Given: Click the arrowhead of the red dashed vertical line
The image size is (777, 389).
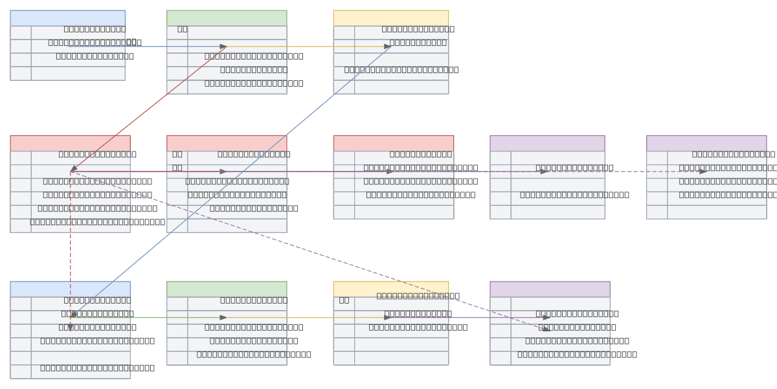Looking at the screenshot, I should pos(70,327).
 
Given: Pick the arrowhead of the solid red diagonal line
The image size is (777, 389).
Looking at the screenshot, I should pos(74,168).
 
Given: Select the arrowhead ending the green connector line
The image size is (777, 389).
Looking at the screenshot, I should pos(223,317).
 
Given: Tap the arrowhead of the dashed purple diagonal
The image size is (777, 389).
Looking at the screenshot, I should pos(546,329).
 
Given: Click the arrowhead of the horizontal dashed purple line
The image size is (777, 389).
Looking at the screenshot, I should pos(703,172).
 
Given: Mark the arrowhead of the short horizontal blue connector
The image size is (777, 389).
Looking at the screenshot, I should pos(223,47).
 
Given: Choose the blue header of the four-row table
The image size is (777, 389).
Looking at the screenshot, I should pos(67,18).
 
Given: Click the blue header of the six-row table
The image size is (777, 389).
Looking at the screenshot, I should pos(70,289).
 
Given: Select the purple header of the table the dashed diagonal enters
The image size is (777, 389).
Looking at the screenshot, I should pos(550,289).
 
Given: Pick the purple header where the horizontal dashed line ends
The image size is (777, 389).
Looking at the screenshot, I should pos(706,143).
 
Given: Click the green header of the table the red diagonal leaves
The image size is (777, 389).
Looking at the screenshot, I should pos(227,18).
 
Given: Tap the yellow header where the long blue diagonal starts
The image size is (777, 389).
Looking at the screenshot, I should pos(390,18).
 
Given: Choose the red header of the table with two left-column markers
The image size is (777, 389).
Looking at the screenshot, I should pos(227,143).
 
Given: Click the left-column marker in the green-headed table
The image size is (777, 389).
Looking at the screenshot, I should pos(183,28).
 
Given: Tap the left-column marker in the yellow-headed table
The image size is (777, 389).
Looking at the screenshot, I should pos(344,300).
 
